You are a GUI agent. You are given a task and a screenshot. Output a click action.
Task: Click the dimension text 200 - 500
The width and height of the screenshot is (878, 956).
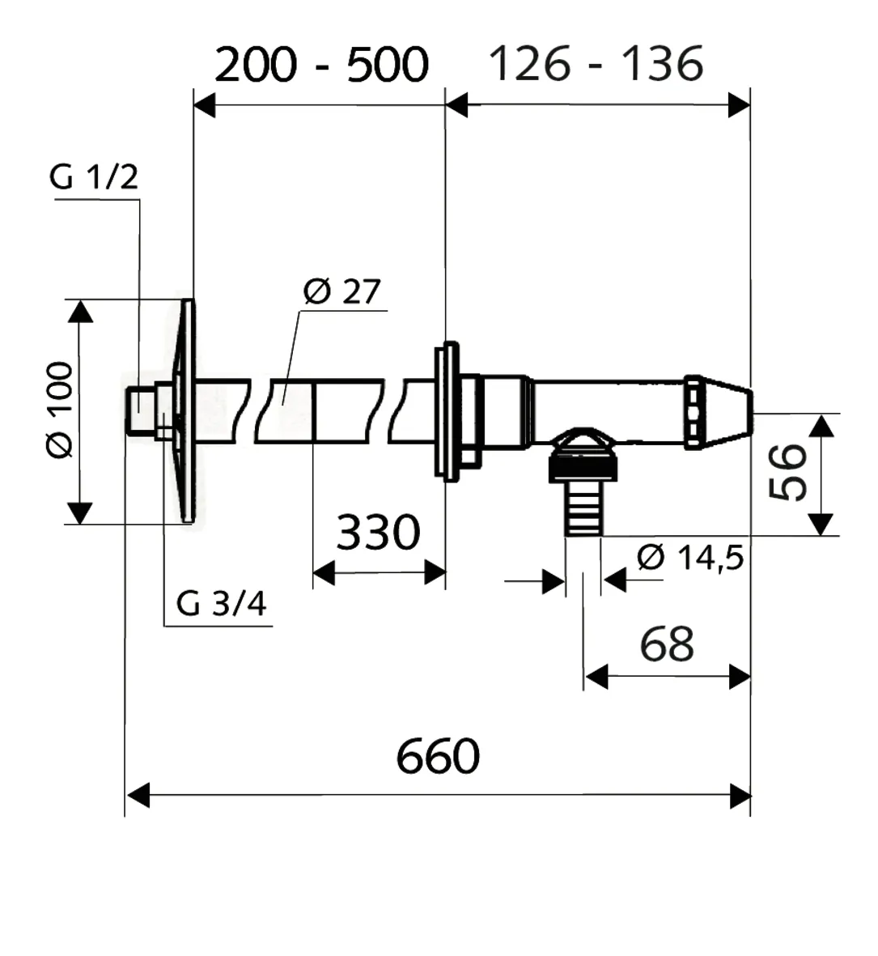[x=322, y=65]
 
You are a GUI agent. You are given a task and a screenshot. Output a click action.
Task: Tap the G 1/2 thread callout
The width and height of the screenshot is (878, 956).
[x=94, y=177]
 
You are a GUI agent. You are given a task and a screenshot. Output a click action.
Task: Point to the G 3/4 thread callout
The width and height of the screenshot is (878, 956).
[x=221, y=604]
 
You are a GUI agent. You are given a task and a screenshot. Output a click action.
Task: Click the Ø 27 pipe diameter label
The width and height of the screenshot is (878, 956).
[x=342, y=291]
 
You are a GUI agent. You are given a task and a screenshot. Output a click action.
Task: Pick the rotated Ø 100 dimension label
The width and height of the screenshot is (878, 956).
[x=60, y=410]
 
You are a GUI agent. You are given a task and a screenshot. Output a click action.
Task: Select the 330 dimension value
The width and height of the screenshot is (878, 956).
[x=379, y=533]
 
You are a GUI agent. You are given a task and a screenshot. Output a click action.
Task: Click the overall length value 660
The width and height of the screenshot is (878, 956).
[x=438, y=756]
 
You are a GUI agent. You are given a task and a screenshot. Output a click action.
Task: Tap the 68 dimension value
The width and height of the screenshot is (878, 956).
[x=667, y=644]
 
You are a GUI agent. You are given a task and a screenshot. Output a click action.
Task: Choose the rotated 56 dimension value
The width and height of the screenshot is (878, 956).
[x=788, y=473]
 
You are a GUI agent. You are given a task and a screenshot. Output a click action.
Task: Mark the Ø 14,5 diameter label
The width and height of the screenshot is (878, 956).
[x=690, y=557]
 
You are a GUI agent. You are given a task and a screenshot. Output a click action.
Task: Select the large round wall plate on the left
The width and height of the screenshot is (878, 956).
[x=184, y=410]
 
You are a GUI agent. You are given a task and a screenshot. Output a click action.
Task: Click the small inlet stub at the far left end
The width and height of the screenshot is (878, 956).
[x=140, y=410]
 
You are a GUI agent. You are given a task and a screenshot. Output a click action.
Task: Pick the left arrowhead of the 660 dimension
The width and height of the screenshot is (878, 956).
[x=138, y=796]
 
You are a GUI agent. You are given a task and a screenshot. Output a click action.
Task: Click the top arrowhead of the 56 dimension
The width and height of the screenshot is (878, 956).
[x=822, y=425]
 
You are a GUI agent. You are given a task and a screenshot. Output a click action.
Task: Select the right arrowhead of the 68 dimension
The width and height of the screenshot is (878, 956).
[x=739, y=678]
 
